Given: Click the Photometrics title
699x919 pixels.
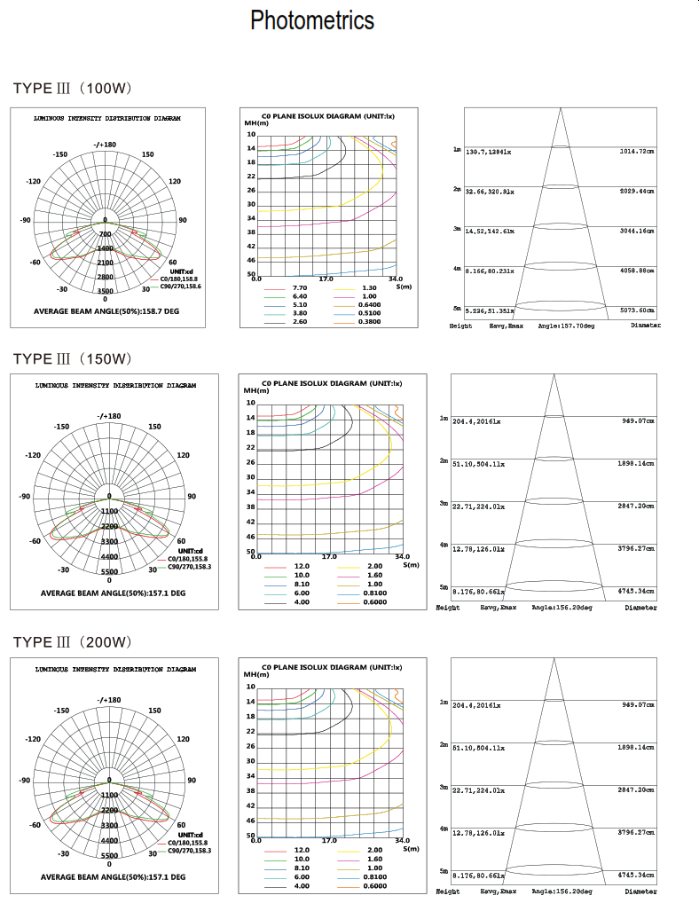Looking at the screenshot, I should click(312, 20).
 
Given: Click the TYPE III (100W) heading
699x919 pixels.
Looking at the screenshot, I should click(73, 89).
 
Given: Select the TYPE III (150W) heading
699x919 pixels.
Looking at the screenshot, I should click(73, 358).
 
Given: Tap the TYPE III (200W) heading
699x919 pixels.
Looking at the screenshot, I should click(73, 642).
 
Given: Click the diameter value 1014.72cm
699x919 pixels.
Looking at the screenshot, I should click(636, 152).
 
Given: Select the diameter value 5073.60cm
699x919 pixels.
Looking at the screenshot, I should click(636, 310).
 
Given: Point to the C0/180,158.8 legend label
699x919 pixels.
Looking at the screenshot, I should click(180, 279).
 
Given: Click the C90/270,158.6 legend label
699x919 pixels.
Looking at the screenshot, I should click(181, 287).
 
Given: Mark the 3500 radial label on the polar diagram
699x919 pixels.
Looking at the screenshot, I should click(106, 291).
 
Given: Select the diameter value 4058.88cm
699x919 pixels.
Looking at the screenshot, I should click(636, 270).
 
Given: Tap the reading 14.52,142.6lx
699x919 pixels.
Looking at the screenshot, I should click(490, 231).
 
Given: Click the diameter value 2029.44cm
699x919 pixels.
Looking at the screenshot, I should click(636, 191).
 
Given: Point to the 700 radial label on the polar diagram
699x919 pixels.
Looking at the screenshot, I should click(106, 234).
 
